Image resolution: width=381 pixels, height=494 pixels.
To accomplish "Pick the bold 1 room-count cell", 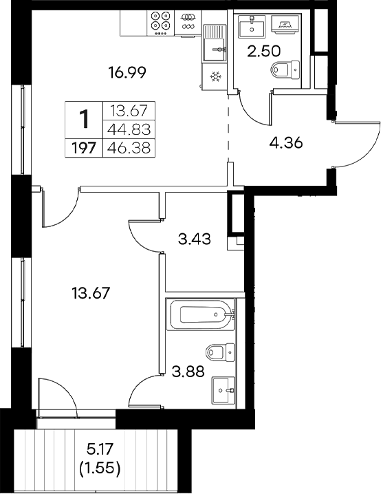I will coord(83,120).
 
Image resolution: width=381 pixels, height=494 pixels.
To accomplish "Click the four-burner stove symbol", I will coord(163,23).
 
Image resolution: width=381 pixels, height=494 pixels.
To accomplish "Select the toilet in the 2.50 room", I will coord(285,69).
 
